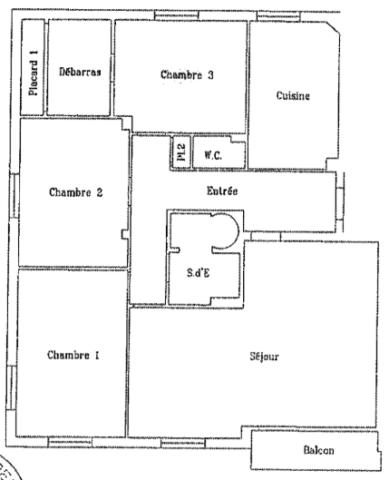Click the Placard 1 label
pyautogui.click(x=34, y=73)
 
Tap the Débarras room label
pyautogui.click(x=80, y=72)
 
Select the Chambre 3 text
pyautogui.click(x=187, y=74)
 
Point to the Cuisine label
pyautogui.click(x=293, y=95)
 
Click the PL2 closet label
pyautogui.click(x=181, y=152)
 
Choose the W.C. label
pyautogui.click(x=213, y=155)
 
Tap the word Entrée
pyautogui.click(x=222, y=191)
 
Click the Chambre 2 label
pyautogui.click(x=76, y=192)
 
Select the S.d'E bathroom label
pyautogui.click(x=199, y=272)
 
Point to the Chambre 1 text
pyautogui.click(x=73, y=355)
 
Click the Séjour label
pyautogui.click(x=264, y=356)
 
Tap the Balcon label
pyautogui.click(x=318, y=450)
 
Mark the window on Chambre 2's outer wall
pyautogui.click(x=15, y=196)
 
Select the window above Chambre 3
pyautogui.click(x=176, y=15)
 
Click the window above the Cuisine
pyautogui.click(x=278, y=16)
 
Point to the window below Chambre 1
pyautogui.click(x=70, y=442)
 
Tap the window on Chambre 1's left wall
pyautogui.click(x=11, y=387)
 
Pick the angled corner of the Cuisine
pyautogui.click(x=333, y=27)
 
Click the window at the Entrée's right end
pyautogui.click(x=340, y=203)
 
